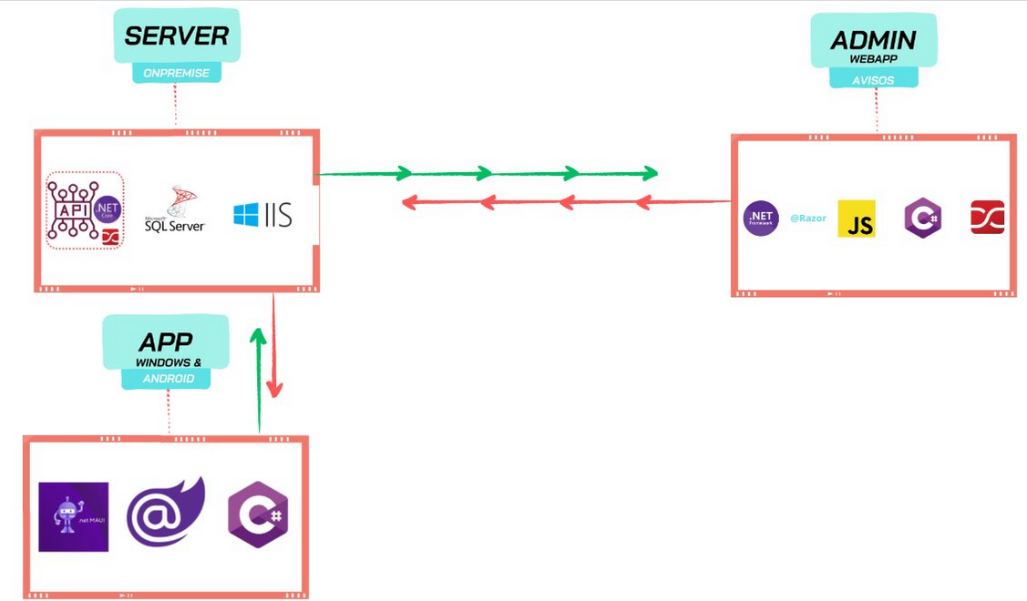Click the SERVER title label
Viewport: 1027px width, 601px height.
pyautogui.click(x=177, y=36)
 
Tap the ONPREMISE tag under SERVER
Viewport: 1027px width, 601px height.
pyautogui.click(x=177, y=73)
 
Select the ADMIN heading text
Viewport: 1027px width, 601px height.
pyautogui.click(x=872, y=40)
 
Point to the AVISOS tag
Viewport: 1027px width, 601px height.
pyautogui.click(x=873, y=80)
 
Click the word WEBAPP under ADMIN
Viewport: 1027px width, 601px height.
pyautogui.click(x=872, y=58)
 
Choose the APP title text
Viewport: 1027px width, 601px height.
pyautogui.click(x=166, y=342)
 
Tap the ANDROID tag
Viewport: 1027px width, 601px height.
pyautogui.click(x=169, y=378)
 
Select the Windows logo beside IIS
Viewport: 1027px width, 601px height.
pyautogui.click(x=246, y=215)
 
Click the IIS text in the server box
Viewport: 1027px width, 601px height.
pyautogui.click(x=279, y=215)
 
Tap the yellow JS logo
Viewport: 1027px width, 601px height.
pyautogui.click(x=857, y=219)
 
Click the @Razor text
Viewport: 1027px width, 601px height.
pyautogui.click(x=807, y=219)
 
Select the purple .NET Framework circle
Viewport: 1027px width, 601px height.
pyautogui.click(x=761, y=219)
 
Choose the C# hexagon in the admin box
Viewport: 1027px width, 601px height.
pyautogui.click(x=922, y=219)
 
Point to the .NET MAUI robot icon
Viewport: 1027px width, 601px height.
pyautogui.click(x=73, y=516)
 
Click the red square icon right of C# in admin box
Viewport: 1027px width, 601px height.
pyautogui.click(x=987, y=218)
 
